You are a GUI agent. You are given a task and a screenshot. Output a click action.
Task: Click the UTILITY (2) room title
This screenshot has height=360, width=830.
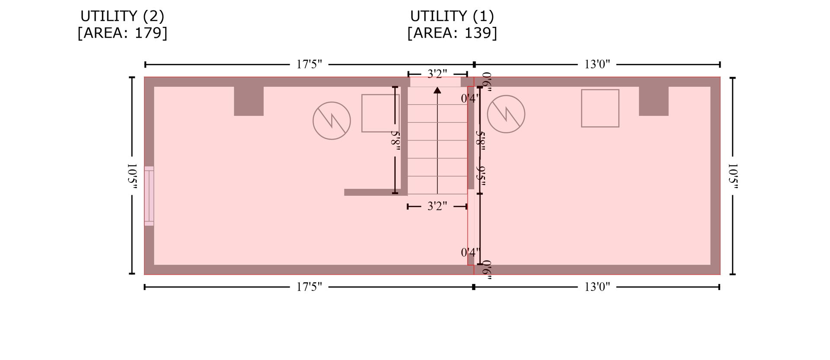[122, 16]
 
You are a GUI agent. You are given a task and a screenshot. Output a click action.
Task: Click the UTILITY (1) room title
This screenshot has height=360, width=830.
[452, 16]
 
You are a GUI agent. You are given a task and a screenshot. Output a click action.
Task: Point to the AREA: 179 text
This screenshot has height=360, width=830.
[122, 33]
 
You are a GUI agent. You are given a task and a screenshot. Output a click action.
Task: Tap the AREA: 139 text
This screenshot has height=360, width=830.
[452, 33]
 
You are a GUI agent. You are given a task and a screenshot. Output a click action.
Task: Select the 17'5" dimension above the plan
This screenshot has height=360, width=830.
[309, 64]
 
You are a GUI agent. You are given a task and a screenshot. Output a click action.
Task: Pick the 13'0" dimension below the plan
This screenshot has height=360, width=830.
[597, 287]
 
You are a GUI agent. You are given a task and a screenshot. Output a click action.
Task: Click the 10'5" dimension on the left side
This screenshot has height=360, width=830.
[132, 176]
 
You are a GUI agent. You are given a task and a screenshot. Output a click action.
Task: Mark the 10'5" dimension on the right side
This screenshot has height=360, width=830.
[733, 176]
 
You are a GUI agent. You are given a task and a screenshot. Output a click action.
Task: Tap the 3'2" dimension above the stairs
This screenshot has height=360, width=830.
[437, 74]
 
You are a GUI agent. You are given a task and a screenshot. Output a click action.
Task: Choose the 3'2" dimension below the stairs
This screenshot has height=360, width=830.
[437, 206]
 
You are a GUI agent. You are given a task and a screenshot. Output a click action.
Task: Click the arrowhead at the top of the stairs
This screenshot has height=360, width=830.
[437, 90]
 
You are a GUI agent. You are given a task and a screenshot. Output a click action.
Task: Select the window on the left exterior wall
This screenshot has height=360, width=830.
[149, 196]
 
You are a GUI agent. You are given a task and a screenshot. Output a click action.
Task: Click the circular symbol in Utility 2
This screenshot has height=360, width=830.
[332, 121]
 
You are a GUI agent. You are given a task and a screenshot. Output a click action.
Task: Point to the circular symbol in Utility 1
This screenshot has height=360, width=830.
[506, 114]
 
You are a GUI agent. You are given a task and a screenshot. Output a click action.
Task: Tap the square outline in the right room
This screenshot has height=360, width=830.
[600, 108]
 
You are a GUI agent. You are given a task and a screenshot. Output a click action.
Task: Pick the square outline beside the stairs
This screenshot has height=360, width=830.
[380, 113]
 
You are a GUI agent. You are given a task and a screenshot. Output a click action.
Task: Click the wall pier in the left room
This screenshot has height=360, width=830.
[249, 101]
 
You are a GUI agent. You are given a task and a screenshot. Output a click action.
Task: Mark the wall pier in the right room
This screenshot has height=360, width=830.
[654, 101]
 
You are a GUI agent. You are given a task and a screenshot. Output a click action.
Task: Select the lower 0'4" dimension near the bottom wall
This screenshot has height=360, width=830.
[470, 252]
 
